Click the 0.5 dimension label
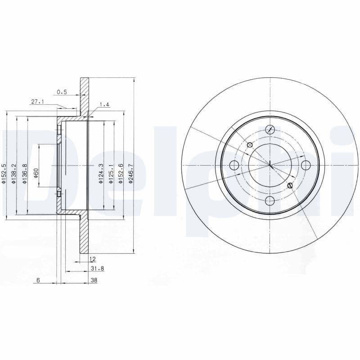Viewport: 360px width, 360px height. (62, 92)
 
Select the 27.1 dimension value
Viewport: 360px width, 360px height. (37, 102)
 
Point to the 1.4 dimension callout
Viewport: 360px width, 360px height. (104, 104)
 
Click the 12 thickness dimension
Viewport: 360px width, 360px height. (93, 259)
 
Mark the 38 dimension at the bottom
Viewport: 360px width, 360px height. (94, 280)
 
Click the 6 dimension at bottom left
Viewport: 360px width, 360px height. (39, 280)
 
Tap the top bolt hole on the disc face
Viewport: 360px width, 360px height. (270, 129)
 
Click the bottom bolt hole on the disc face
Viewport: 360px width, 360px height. (270, 200)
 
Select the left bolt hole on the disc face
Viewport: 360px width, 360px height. (234, 165)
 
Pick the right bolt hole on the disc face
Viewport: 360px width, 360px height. (306, 165)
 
